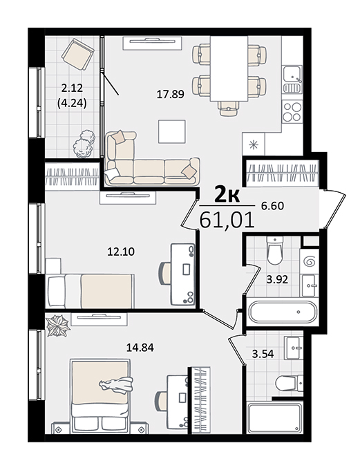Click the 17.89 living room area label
pyautogui.click(x=170, y=95)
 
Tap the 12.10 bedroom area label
pyautogui.click(x=121, y=252)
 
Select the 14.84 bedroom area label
pyautogui.click(x=140, y=348)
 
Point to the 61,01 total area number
pyautogui.click(x=227, y=220)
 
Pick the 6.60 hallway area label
pyautogui.click(x=272, y=206)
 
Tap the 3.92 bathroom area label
pyautogui.click(x=277, y=280)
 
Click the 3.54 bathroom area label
pyautogui.click(x=263, y=354)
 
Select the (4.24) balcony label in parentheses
pyautogui.click(x=72, y=104)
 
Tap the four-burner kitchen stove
pyautogui.click(x=292, y=111)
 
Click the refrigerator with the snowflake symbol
pyautogui.click(x=254, y=144)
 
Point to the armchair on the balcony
pyautogui.click(x=77, y=54)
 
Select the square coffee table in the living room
pyautogui.click(x=172, y=131)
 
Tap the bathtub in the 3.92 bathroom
pyautogui.click(x=283, y=312)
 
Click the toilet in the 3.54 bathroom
pyautogui.click(x=289, y=384)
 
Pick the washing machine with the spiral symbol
pyautogui.click(x=309, y=262)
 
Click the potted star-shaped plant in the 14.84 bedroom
pyautogui.click(x=58, y=326)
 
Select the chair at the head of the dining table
pyautogui.click(x=229, y=109)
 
